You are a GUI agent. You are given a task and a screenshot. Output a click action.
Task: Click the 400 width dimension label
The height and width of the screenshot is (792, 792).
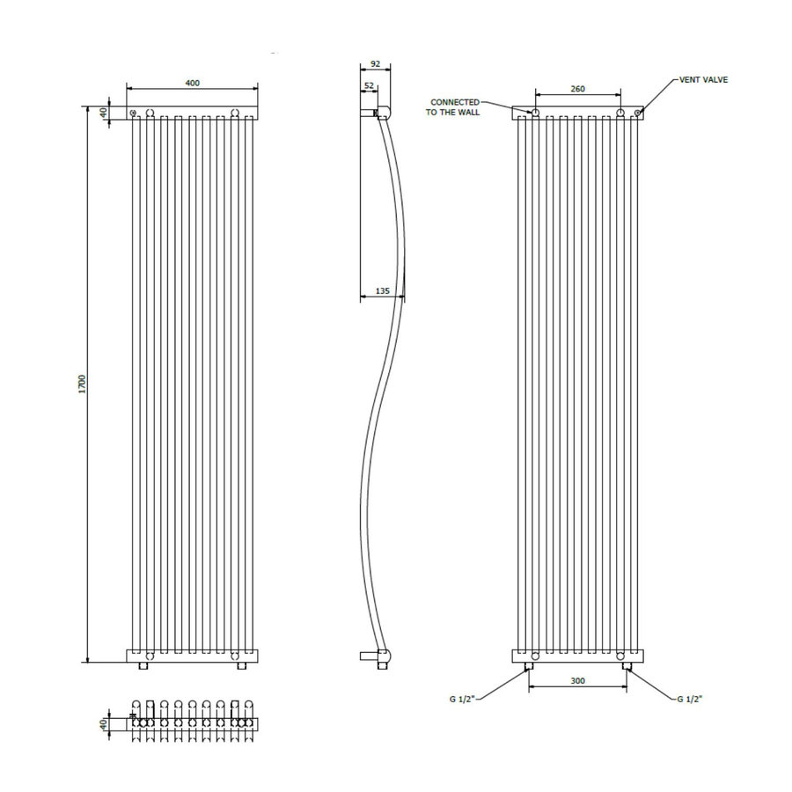192,82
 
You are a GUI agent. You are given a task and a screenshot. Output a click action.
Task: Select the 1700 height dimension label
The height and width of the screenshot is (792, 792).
80,384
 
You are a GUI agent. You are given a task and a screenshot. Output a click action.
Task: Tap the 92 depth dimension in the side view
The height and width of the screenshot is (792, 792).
376,63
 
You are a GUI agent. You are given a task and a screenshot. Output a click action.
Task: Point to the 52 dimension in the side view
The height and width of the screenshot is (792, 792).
370,85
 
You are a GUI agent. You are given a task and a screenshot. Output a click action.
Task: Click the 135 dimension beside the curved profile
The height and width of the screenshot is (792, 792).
383,290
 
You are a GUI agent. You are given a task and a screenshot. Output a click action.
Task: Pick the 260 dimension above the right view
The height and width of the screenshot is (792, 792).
577,89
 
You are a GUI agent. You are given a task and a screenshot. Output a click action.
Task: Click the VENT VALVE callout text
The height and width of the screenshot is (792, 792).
703,79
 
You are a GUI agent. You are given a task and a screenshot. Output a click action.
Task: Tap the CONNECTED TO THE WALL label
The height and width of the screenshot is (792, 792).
455,107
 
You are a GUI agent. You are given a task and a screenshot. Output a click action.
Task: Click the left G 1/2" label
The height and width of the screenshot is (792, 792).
463,700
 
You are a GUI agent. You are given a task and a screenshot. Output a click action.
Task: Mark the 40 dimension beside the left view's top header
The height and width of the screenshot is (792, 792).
103,113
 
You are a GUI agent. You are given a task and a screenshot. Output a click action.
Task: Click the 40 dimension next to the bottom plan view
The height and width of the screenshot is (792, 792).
103,723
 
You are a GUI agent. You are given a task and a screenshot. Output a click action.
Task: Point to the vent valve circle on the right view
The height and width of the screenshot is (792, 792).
640,112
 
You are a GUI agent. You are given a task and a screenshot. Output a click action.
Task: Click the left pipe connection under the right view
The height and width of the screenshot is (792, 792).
529,668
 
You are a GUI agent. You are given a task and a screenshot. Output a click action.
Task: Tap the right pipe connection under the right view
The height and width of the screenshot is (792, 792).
626,668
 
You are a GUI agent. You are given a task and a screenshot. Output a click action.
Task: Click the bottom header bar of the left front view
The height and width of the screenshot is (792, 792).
193,656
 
